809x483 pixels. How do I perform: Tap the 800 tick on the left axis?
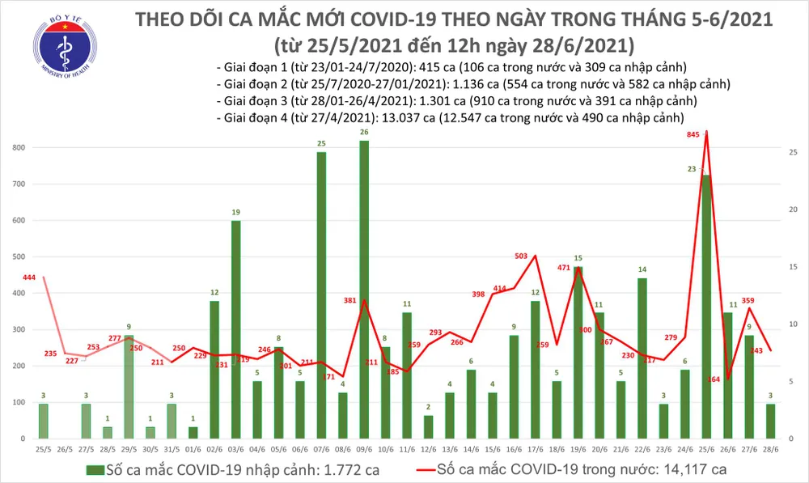tap(18, 148)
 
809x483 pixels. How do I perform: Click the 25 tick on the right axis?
tap(794, 152)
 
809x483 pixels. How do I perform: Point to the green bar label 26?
tap(364, 132)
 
